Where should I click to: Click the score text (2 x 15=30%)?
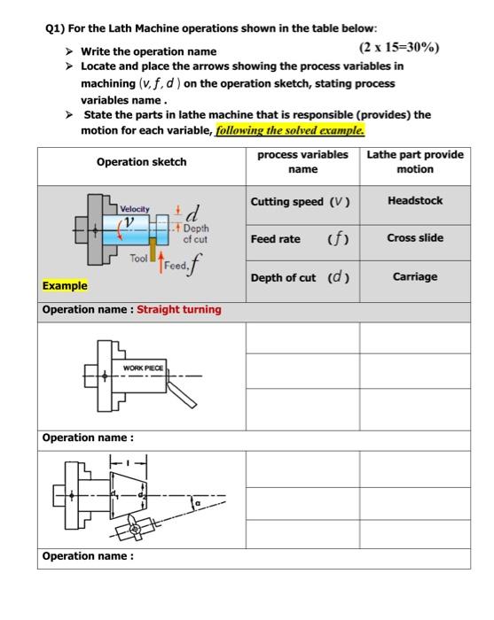coord(399,48)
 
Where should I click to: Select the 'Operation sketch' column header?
coord(141,162)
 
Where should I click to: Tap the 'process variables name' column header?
coord(302,161)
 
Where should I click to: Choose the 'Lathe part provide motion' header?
coord(415,161)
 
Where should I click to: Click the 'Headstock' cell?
coord(415,201)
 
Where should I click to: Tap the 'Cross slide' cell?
coord(415,238)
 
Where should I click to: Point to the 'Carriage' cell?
coord(415,277)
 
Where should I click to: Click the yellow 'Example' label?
coord(65,286)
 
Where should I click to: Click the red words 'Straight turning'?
coord(179,309)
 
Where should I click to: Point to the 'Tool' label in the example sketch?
coord(138,258)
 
